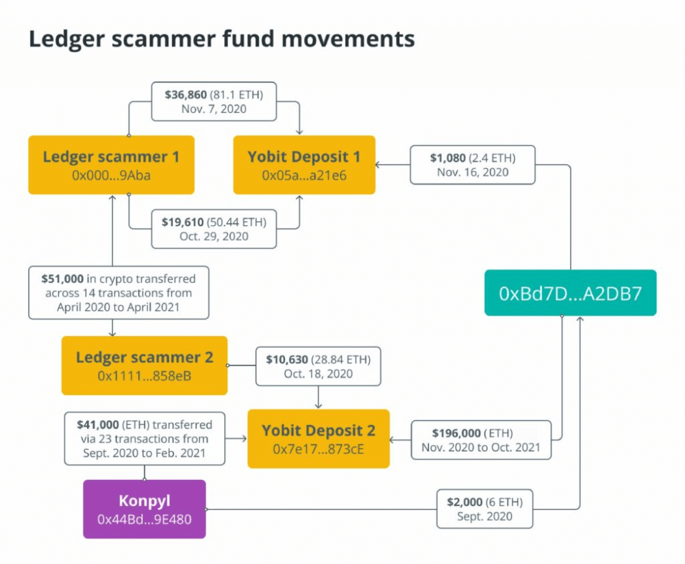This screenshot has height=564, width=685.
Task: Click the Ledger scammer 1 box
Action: [112, 164]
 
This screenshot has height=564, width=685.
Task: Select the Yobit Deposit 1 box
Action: [304, 164]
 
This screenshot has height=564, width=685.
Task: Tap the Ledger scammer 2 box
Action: [144, 366]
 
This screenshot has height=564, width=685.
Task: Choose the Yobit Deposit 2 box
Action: [319, 439]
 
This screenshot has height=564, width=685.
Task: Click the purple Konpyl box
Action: [144, 509]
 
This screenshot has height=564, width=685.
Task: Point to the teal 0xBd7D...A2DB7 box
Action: [570, 292]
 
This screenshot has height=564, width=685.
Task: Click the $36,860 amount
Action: [186, 94]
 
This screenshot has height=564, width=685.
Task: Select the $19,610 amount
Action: [183, 222]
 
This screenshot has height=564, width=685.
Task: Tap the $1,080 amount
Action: [448, 158]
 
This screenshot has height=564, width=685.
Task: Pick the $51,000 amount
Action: [62, 279]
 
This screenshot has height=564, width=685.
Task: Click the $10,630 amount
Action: [287, 360]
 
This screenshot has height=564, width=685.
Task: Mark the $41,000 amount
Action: [98, 425]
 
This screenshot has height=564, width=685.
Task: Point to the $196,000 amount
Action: [456, 433]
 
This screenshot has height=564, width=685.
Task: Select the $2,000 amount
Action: [465, 502]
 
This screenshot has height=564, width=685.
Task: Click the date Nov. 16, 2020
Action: [473, 172]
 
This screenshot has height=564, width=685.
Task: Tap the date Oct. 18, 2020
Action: [318, 374]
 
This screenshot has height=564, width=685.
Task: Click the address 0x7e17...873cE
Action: [319, 449]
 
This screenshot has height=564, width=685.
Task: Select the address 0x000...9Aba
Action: [112, 175]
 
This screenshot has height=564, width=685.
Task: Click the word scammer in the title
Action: [164, 38]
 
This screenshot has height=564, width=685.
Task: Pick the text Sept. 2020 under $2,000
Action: [484, 516]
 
